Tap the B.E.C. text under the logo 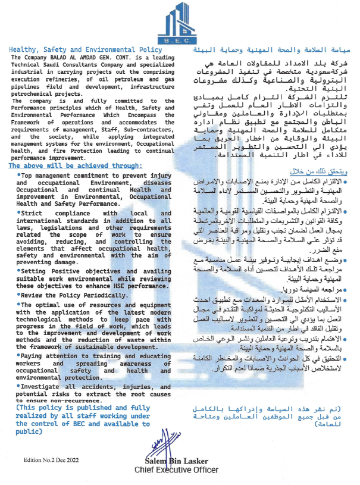(x=179, y=42)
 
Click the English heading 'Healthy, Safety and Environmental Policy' (x=86, y=50)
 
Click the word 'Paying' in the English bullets (x=33, y=355)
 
